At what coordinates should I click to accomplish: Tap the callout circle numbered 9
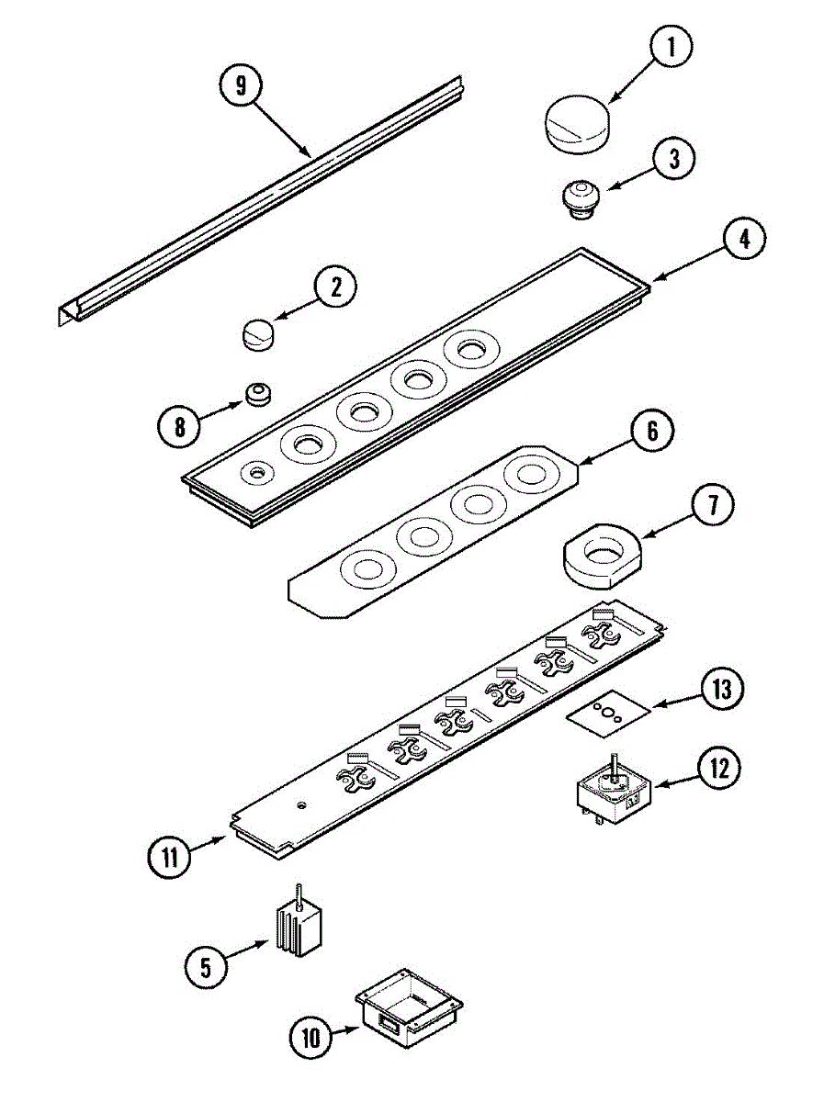pos(241,85)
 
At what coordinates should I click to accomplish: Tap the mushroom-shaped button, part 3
pos(579,197)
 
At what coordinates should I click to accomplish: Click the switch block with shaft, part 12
pos(613,789)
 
